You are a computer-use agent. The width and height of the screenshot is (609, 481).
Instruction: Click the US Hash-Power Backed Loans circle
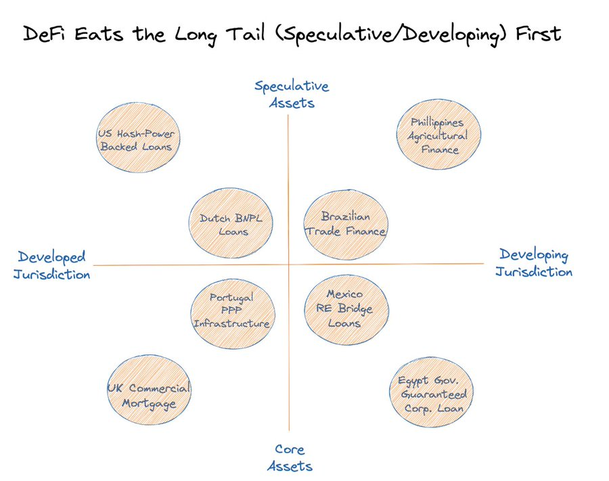[x=138, y=137]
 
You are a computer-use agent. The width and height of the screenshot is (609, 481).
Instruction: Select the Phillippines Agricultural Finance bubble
[x=439, y=135]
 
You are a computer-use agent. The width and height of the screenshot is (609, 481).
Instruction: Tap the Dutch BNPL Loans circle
[x=231, y=223]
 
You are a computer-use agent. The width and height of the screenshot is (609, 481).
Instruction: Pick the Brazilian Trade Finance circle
[x=346, y=225]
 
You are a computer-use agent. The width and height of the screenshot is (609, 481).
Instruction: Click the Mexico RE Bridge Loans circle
[x=346, y=309]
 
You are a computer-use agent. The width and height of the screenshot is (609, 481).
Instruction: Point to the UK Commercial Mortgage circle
[x=149, y=390]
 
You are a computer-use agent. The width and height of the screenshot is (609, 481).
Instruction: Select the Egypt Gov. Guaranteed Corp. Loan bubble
[x=432, y=392]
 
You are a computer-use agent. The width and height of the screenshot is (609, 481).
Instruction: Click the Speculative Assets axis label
[x=292, y=94]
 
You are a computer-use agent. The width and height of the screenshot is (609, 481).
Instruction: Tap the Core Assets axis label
[x=290, y=458]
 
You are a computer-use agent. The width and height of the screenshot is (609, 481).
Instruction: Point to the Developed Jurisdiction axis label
[x=51, y=265]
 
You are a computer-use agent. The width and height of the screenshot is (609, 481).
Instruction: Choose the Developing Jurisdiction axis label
[x=534, y=262]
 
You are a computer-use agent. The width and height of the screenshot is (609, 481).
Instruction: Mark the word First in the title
[x=539, y=33]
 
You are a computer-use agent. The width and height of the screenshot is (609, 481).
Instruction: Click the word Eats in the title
[x=99, y=34]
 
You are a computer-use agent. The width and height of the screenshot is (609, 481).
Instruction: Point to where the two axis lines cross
[x=288, y=265]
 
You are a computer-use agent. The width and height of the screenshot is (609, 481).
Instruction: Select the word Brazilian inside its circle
[x=346, y=216]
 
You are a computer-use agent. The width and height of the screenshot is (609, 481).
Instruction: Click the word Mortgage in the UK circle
[x=149, y=404]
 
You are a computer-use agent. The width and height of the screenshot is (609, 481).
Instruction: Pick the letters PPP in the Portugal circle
[x=231, y=311]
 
